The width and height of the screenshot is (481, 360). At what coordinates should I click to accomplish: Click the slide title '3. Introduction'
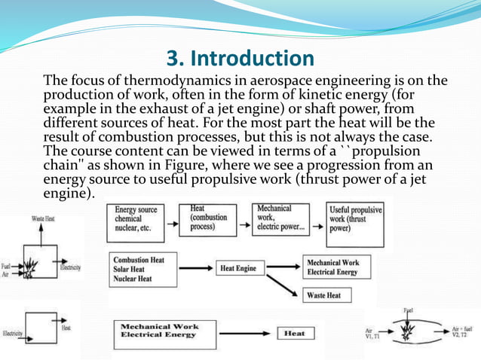click(240, 58)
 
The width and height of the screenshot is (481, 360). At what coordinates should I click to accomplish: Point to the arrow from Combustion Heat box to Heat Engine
click(189, 267)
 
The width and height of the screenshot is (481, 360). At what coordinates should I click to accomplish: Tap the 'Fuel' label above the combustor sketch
click(408, 309)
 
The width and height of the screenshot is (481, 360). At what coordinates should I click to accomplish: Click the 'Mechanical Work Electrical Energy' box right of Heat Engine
click(332, 267)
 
